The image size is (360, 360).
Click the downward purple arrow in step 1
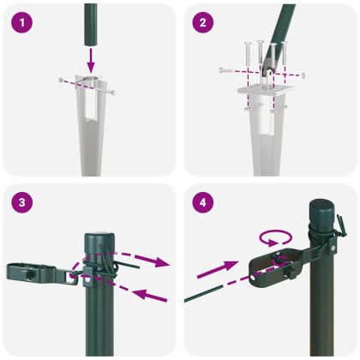coord(91,57)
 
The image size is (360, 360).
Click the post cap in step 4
coord(322,211)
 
